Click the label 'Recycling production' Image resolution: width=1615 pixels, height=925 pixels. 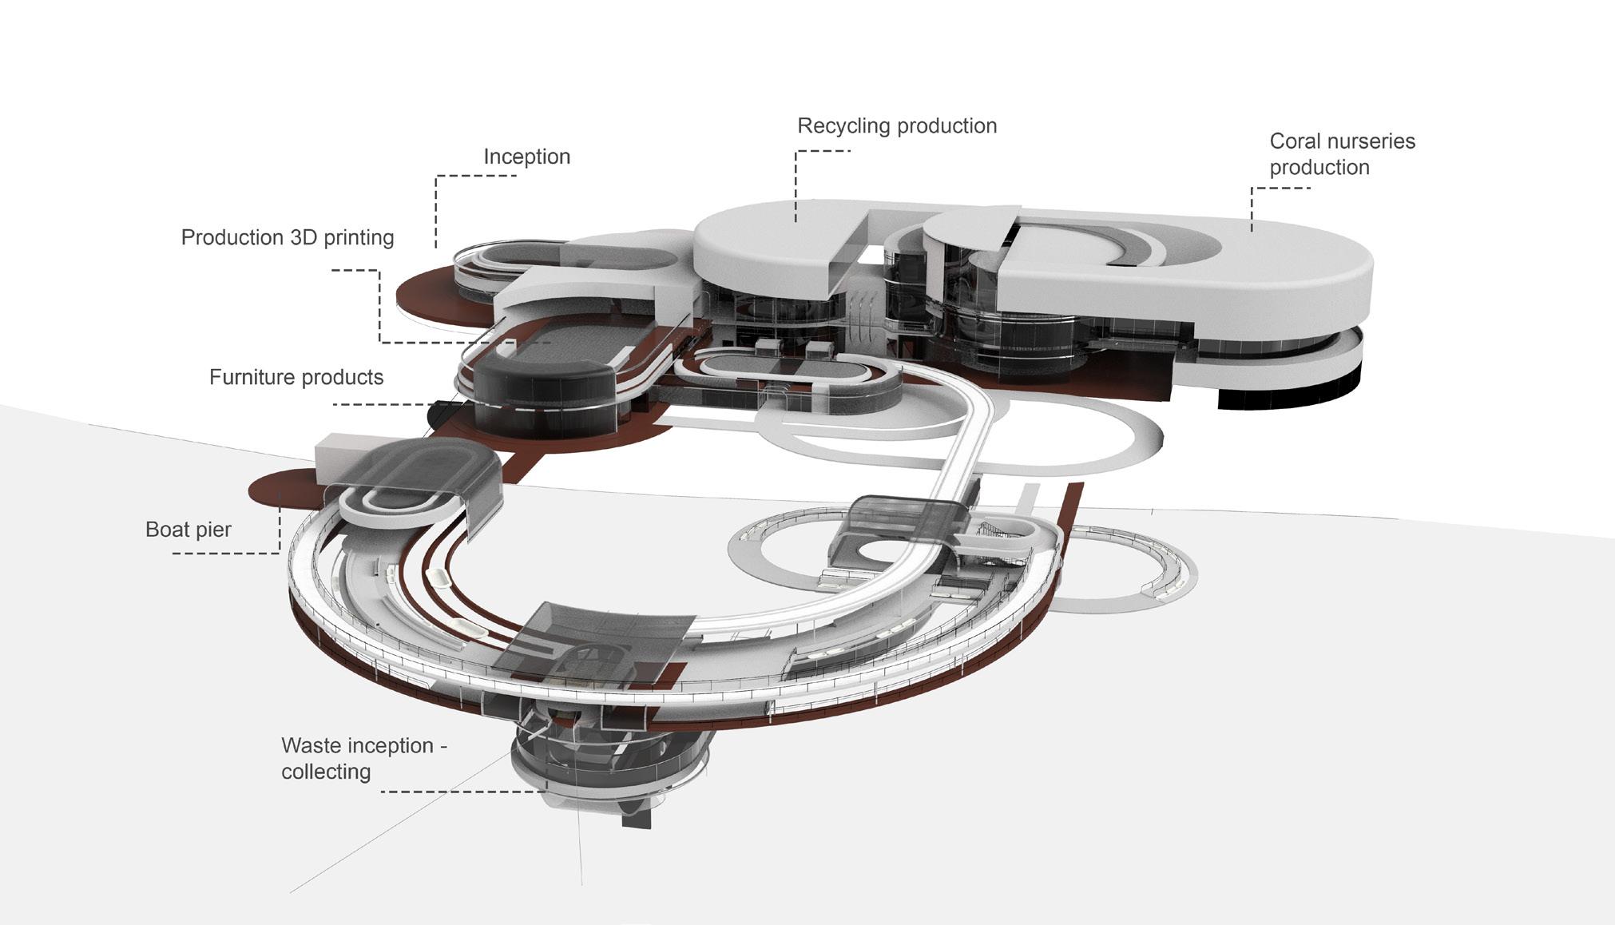coord(896,126)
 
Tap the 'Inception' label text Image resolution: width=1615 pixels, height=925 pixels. coord(526,157)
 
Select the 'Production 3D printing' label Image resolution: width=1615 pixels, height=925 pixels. coord(288,238)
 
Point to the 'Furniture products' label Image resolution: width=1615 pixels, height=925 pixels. coord(296,377)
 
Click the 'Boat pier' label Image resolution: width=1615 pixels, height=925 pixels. coord(188,530)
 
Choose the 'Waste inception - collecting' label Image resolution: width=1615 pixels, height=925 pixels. coord(363,758)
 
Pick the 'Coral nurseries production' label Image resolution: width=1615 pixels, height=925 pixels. coord(1342,154)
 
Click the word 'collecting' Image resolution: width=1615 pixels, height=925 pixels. coord(326,772)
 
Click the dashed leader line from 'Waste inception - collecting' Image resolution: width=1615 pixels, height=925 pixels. coord(463,792)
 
